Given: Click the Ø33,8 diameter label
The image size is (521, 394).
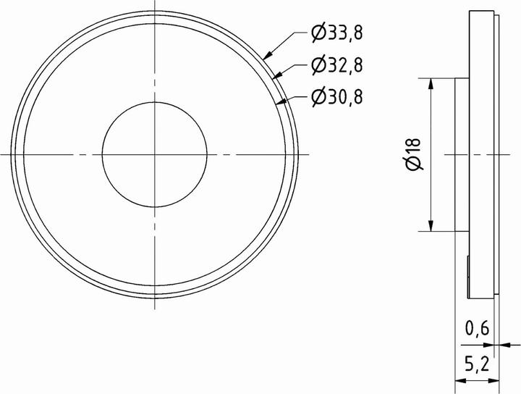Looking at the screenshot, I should (x=336, y=33).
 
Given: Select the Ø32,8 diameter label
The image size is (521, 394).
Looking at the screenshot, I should (x=336, y=64).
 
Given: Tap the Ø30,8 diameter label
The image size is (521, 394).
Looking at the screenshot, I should (x=336, y=96).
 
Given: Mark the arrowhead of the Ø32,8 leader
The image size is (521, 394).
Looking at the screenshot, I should (x=276, y=75).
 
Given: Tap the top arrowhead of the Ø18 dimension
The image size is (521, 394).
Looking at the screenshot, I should (x=431, y=82).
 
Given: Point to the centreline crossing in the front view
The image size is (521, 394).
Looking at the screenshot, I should (x=155, y=154).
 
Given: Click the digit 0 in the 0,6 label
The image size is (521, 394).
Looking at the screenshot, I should (x=470, y=330).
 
